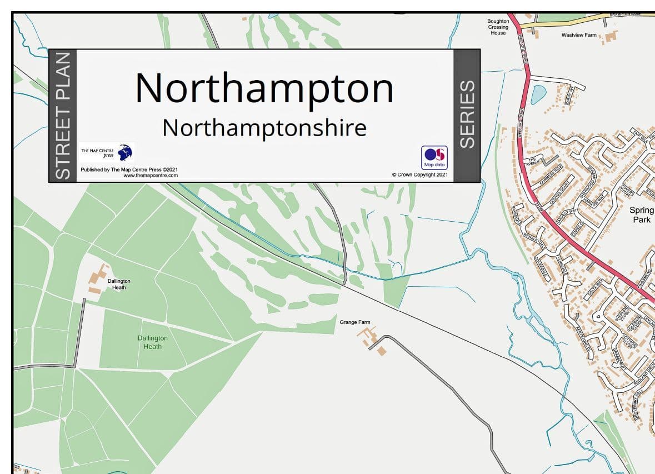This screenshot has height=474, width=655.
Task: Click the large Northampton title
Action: tap(264, 88)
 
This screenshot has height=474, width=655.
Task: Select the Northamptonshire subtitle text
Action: tap(264, 128)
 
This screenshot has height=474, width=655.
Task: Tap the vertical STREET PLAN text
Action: tap(63, 116)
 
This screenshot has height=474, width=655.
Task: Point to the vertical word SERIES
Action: tap(467, 114)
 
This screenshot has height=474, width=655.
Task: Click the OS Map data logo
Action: tap(434, 157)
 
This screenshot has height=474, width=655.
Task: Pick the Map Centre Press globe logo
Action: tap(126, 152)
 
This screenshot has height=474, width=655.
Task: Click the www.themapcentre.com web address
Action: tap(151, 175)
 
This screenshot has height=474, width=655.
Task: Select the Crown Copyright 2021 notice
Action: tap(419, 174)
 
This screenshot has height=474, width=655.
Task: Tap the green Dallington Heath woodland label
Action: tap(153, 342)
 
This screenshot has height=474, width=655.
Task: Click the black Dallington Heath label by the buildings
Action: tap(119, 284)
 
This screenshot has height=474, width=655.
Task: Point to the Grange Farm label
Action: tap(355, 322)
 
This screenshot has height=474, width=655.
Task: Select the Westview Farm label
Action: tap(578, 35)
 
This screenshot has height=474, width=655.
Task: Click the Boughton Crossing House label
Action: tap(498, 27)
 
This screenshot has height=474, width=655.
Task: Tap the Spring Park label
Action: tap(642, 215)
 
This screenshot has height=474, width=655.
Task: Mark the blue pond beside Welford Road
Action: tap(538, 94)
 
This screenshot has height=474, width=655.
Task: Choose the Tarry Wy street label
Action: tap(568, 95)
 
